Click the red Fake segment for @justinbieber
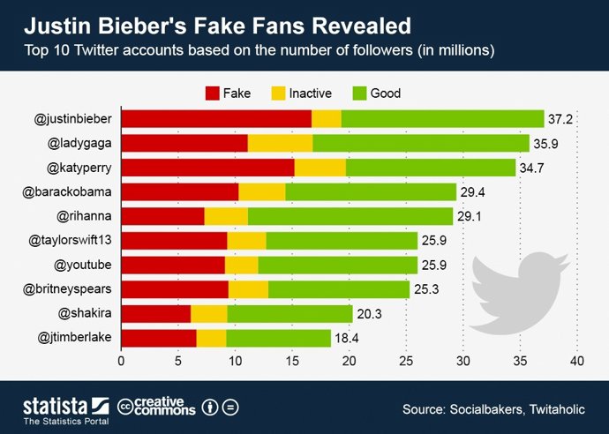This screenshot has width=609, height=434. click(x=216, y=119)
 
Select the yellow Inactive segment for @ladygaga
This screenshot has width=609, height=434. click(x=280, y=143)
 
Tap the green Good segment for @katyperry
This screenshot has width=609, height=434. click(x=431, y=168)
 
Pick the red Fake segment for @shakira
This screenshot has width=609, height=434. click(x=155, y=313)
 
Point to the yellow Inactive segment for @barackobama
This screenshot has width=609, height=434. click(x=261, y=191)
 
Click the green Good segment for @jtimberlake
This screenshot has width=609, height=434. click(x=278, y=337)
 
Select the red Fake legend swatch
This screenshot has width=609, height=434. click(x=213, y=91)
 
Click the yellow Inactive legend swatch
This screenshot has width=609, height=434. click(x=278, y=91)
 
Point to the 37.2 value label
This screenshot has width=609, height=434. click(x=560, y=119)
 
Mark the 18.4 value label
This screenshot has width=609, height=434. click(x=345, y=338)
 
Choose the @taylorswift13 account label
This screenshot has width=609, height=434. click(x=70, y=240)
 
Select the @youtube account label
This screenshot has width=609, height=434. click(x=83, y=265)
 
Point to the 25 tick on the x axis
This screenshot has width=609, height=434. click(x=406, y=361)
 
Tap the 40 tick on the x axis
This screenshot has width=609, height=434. click(x=577, y=361)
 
